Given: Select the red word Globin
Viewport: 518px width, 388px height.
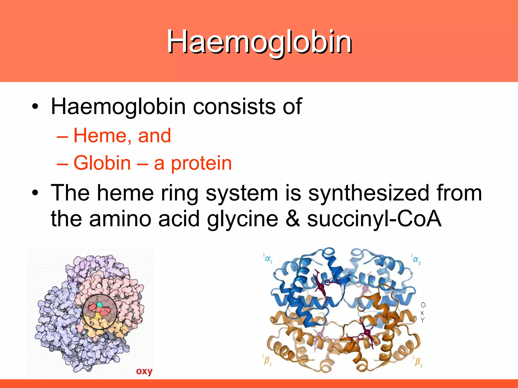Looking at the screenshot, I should pyautogui.click(x=102, y=163).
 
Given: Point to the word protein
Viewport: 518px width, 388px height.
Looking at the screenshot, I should pyautogui.click(x=201, y=164).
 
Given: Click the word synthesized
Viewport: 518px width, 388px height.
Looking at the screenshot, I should pyautogui.click(x=369, y=193).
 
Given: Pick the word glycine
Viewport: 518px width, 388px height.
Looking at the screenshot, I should pyautogui.click(x=242, y=219).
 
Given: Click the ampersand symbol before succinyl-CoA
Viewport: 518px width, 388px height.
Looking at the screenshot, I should pyautogui.click(x=292, y=219).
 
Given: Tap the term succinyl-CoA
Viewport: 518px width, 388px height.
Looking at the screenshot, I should pyautogui.click(x=374, y=219).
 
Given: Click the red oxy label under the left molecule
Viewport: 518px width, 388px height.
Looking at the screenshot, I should pyautogui.click(x=144, y=371).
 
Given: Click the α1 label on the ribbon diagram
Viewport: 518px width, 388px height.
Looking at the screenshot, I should pyautogui.click(x=268, y=259).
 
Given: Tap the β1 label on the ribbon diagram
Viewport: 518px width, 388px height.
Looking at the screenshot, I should pyautogui.click(x=267, y=360).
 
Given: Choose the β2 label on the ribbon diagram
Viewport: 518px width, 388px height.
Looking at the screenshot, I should pyautogui.click(x=418, y=361).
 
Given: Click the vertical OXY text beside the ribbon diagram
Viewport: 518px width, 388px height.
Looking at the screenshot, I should pyautogui.click(x=423, y=312).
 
